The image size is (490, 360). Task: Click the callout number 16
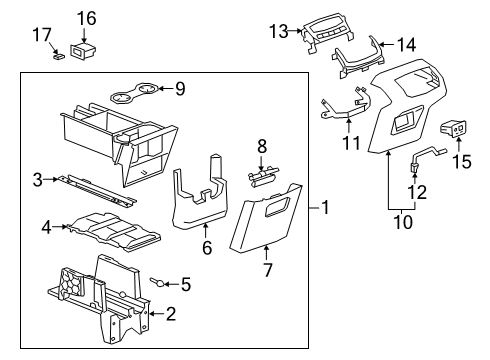click(87, 18)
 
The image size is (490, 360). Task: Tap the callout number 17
click(40, 35)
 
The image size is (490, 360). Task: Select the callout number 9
click(180, 89)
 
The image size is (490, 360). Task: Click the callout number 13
click(281, 30)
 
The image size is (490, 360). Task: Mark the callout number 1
click(325, 208)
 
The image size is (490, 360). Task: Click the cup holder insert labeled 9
click(135, 96)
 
